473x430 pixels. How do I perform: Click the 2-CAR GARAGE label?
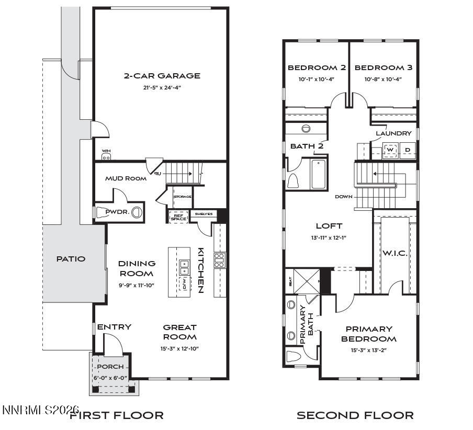point(162,76)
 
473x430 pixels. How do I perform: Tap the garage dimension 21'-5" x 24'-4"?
point(162,87)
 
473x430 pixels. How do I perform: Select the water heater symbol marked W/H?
point(106,155)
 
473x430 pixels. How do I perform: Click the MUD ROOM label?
point(126,178)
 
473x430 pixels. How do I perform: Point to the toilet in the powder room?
point(136,212)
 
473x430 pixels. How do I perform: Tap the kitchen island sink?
point(184,267)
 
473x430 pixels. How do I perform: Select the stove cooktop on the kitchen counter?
point(220,260)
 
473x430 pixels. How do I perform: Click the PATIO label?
point(71,258)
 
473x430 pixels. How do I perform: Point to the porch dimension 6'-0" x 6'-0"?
point(110,378)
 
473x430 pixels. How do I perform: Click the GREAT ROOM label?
point(179,332)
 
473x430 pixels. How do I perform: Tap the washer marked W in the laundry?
point(390,150)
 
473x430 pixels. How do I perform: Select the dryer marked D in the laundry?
point(408,150)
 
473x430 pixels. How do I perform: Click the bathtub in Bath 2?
point(319,174)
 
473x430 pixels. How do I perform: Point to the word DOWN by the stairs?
point(344,197)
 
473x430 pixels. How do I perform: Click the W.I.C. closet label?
point(395,253)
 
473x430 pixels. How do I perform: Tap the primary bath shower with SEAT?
point(306,281)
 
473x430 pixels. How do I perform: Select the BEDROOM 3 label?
point(383,67)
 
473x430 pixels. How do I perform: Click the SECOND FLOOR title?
point(355,416)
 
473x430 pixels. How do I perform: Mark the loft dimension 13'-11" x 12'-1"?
point(329,237)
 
